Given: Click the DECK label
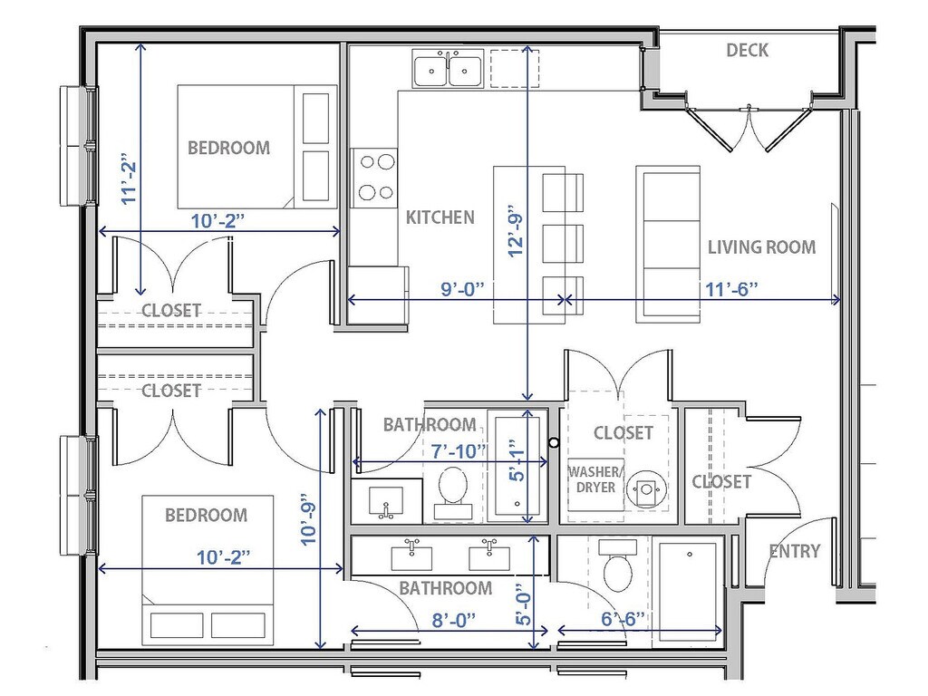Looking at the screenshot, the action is [x=747, y=51].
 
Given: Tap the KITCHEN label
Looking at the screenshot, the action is [x=440, y=217].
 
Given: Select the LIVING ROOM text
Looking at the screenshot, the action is [x=761, y=246].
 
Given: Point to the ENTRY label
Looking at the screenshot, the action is [x=794, y=552].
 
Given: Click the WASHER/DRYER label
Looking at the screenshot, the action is [x=595, y=480].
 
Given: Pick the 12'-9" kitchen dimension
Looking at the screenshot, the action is [x=516, y=235].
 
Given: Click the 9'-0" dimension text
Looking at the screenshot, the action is [x=462, y=289].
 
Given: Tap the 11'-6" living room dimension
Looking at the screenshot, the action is [x=731, y=289].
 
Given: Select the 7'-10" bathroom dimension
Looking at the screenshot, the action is [x=459, y=451].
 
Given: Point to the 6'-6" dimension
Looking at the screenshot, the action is [x=623, y=619].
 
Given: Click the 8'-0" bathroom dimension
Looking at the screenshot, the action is [x=454, y=620].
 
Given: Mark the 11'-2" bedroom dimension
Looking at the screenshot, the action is [x=129, y=179].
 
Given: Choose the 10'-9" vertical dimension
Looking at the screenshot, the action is [x=309, y=519].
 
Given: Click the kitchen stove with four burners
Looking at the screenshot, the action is [x=374, y=178].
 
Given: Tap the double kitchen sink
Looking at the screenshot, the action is [x=448, y=69].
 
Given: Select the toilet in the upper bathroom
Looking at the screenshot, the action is [x=453, y=493].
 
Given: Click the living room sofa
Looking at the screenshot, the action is [x=668, y=245].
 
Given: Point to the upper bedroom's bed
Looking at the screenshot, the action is [x=257, y=147].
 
